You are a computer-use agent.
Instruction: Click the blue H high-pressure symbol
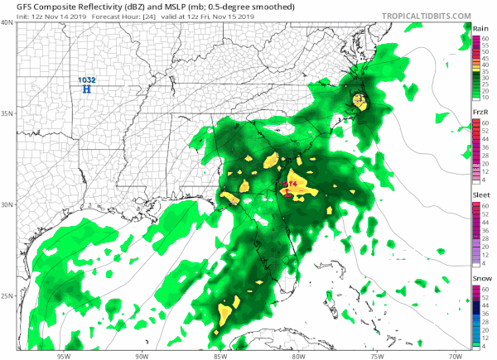click(87, 89)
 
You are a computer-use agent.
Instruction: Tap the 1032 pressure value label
click(87, 79)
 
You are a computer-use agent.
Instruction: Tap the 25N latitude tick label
click(7, 296)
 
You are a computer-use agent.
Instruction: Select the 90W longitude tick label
click(142, 353)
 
